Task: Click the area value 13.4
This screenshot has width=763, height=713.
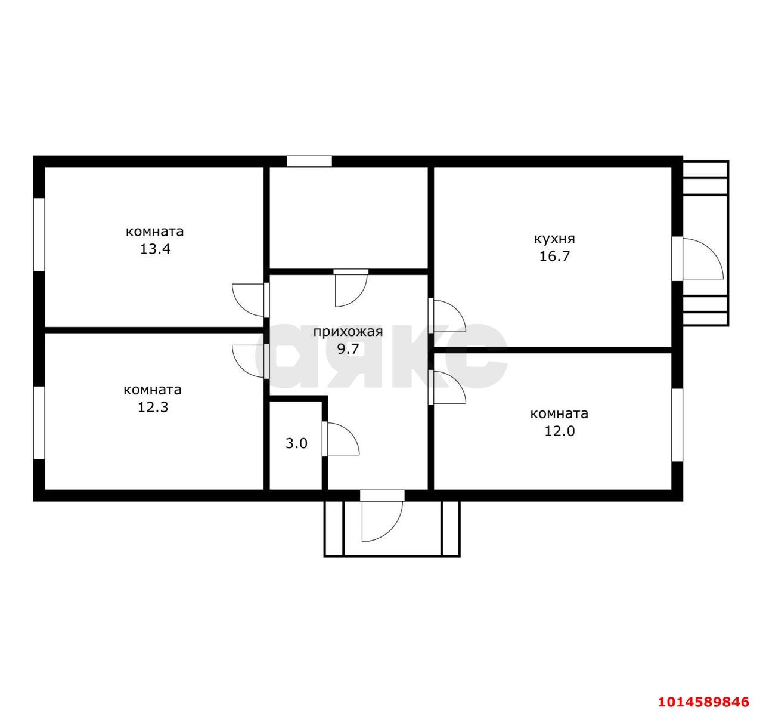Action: click(155, 249)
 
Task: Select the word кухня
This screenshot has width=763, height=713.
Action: click(554, 239)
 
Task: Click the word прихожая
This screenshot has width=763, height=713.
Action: click(348, 332)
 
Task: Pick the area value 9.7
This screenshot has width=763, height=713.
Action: click(348, 349)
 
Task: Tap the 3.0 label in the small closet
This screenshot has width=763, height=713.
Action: click(296, 443)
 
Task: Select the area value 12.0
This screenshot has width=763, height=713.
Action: click(559, 431)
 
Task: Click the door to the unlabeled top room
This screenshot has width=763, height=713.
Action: click(351, 288)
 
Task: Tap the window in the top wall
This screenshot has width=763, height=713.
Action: click(309, 161)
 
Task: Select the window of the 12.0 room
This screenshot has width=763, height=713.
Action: click(677, 425)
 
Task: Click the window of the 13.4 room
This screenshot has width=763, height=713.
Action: click(39, 234)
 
